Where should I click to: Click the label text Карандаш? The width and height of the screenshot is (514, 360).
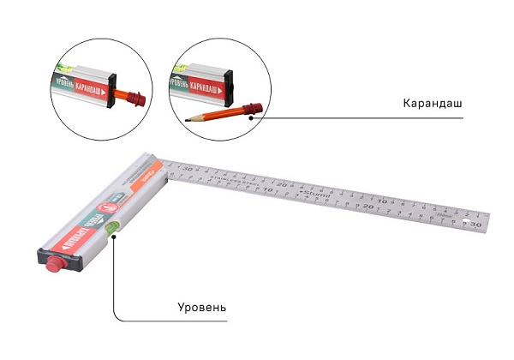432,103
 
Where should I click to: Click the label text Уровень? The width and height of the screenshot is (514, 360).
203,306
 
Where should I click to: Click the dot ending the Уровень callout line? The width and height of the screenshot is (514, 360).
113,236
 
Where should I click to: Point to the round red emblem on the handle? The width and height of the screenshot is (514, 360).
110,206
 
